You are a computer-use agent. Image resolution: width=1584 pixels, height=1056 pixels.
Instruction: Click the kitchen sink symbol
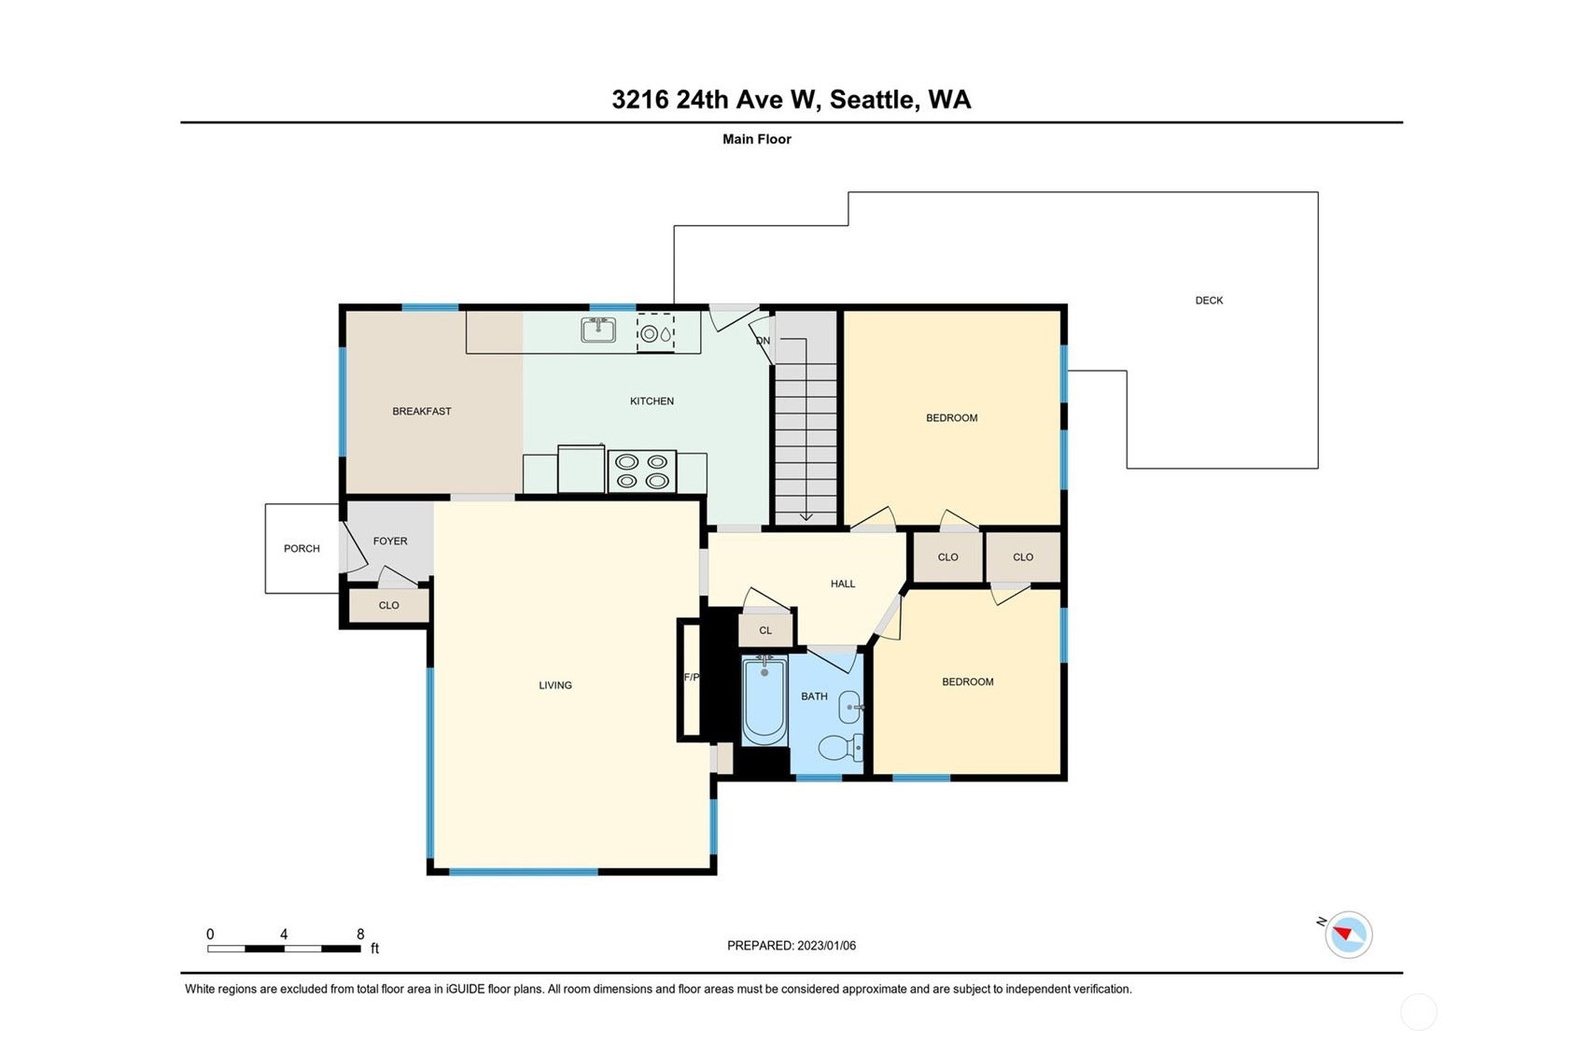coord(598,330)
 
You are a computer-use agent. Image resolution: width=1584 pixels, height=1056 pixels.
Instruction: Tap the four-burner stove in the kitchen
coord(642,472)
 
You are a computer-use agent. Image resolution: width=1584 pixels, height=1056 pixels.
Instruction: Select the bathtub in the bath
coord(764,699)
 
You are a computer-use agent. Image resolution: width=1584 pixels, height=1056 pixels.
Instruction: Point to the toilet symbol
coord(841,748)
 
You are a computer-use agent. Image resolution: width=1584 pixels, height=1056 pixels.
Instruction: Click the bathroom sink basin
coord(850,708)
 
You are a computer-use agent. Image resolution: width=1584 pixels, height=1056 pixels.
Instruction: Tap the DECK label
coord(1209,301)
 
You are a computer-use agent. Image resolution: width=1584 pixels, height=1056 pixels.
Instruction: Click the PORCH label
coord(301,549)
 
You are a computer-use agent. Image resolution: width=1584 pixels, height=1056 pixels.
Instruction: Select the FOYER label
coord(390,542)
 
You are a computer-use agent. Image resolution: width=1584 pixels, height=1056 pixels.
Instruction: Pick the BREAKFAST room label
coord(422,412)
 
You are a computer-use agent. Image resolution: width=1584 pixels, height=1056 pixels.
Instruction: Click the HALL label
coord(843,584)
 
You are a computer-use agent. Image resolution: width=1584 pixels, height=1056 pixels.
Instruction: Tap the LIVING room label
coord(555,685)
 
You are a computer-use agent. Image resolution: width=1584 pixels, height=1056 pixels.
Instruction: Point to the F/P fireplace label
coord(692,678)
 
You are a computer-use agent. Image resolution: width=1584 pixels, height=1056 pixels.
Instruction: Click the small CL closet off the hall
coord(765,630)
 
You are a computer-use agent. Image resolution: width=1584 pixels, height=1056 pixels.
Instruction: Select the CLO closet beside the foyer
coord(389,605)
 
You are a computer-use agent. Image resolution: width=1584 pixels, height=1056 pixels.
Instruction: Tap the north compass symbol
coord(1348,935)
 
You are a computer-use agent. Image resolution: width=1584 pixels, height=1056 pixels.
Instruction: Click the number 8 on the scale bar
coord(360,935)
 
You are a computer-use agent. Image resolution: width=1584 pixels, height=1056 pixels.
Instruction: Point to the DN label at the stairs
coord(763,341)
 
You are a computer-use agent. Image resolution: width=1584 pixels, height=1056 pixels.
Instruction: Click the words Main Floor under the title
coord(757,139)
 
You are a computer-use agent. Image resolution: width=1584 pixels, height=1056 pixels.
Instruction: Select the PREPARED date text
coord(792,946)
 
